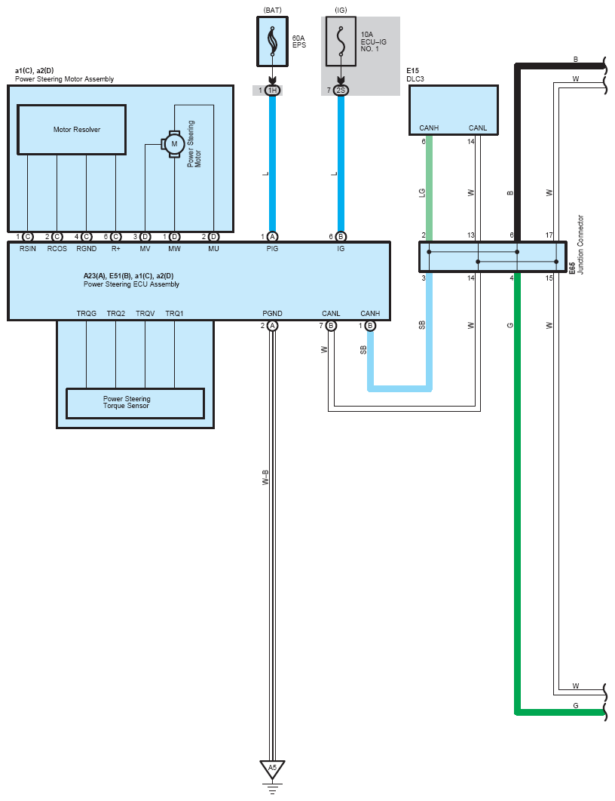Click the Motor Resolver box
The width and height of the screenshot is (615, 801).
tap(72, 130)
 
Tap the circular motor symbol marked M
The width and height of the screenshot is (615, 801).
tap(174, 144)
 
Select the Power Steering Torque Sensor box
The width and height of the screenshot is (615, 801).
tap(135, 403)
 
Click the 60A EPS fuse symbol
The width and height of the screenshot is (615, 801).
tap(273, 41)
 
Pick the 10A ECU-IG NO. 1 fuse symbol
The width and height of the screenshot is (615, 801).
tap(341, 41)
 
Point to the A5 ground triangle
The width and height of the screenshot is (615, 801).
tap(272, 769)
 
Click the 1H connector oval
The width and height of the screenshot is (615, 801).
tap(273, 91)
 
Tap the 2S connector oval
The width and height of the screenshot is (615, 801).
tap(341, 91)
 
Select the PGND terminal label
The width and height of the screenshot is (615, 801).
tap(273, 313)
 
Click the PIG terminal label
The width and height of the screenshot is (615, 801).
tap(273, 248)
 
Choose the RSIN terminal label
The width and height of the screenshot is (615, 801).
tap(28, 248)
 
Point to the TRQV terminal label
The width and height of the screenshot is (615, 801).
tap(145, 313)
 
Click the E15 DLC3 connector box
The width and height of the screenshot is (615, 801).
tap(453, 110)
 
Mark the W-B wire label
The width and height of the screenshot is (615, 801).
tap(265, 477)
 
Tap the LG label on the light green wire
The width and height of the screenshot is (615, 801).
tap(422, 193)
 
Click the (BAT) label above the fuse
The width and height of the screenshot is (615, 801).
tap(273, 11)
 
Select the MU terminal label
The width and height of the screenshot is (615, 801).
tap(213, 248)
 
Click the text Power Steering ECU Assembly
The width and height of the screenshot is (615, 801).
tap(132, 284)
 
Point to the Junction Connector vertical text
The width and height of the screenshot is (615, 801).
tap(580, 244)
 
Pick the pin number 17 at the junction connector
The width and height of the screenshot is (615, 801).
tap(549, 235)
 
